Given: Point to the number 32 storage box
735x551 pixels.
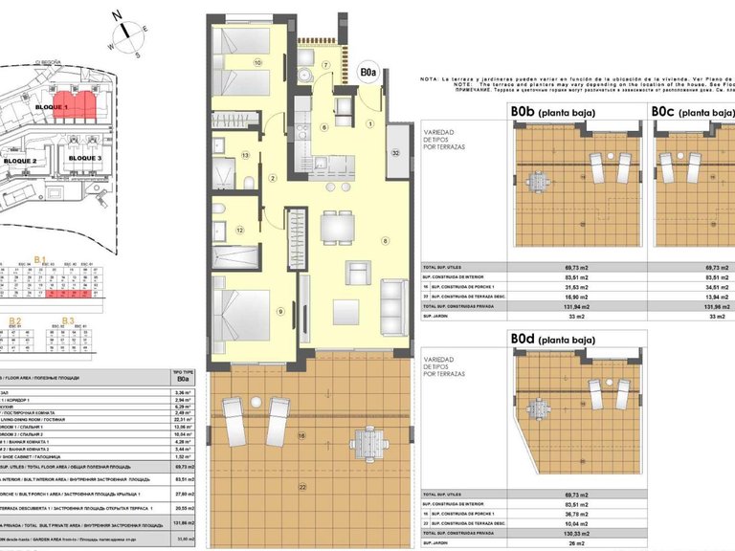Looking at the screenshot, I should pos(395,152).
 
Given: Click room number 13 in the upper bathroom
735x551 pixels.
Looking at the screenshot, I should pos(246,154).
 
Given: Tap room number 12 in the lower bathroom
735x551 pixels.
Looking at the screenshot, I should pos(240,231).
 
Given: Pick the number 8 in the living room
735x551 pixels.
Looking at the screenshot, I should pos(386,240).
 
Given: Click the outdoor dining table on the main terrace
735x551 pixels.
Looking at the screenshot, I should pos(367,442).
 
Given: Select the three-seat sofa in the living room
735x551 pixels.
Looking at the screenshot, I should pos(393,304).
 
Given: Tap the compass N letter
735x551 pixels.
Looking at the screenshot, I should pos(115,16).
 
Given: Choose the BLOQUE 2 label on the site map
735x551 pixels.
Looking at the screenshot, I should pos(20,162).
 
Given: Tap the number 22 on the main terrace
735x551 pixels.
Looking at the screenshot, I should pos(303,489).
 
